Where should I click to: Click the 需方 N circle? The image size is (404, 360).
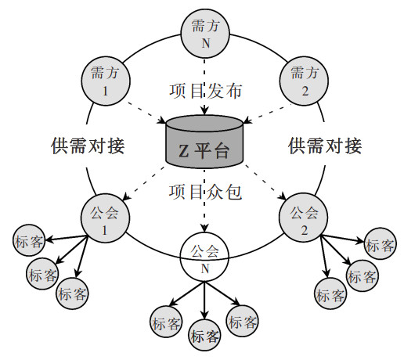[x=205, y=34]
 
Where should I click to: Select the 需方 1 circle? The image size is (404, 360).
[x=106, y=81]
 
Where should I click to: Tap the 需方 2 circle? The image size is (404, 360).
[x=304, y=81]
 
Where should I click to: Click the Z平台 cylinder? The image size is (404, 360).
[x=204, y=142]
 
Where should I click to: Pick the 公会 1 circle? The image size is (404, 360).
[x=105, y=218]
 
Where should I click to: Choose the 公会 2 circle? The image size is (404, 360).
[x=304, y=218]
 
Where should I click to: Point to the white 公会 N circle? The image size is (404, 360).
[x=204, y=257]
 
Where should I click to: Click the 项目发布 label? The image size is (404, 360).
[x=205, y=91]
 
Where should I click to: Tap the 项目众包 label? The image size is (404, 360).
[x=205, y=193]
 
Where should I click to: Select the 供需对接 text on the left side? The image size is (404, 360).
[x=88, y=146]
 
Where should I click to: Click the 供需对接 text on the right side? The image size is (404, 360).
[x=325, y=146]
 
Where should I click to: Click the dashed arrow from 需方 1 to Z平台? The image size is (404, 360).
[x=146, y=113]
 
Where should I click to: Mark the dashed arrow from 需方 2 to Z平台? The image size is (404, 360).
[x=267, y=113]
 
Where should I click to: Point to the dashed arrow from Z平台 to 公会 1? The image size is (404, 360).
[x=144, y=183]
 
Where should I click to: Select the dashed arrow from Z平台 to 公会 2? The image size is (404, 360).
[x=265, y=182]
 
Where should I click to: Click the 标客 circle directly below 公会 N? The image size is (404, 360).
[x=204, y=335]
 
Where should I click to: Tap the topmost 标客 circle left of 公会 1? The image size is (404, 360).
[x=29, y=240]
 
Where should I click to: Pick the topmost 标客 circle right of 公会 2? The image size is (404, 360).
[x=381, y=243]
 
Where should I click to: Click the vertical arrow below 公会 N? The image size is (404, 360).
[x=204, y=301]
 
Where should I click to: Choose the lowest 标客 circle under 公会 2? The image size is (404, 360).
[x=330, y=293]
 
